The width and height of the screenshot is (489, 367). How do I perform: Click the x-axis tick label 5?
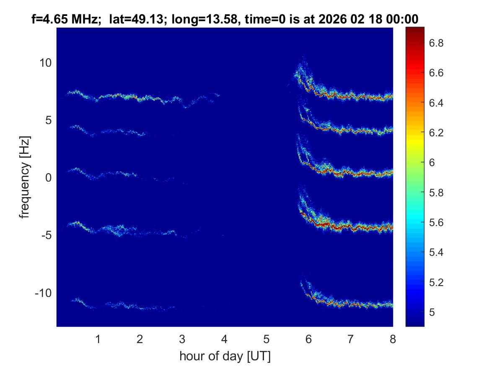tap(266, 339)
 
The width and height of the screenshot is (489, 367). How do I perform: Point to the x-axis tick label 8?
tap(393, 339)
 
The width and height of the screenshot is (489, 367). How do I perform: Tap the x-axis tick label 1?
tap(98, 339)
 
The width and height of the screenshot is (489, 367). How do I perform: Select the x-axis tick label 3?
tap(182, 339)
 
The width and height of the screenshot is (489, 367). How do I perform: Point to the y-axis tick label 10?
tap(45, 63)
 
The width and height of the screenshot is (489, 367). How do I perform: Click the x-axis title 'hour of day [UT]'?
tap(225, 357)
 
